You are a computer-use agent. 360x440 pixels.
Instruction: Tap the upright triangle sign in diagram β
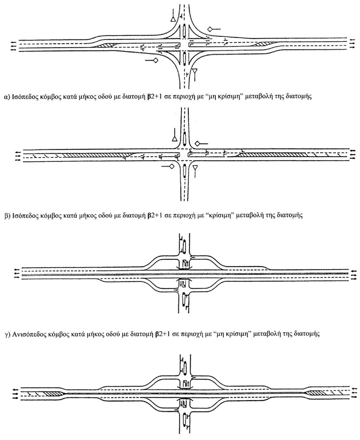174,139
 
